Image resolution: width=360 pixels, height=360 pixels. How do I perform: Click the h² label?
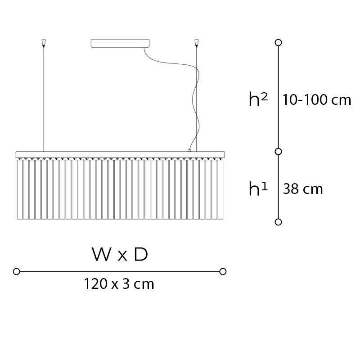(x=258, y=99)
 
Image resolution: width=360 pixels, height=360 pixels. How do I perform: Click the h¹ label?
(x=258, y=189)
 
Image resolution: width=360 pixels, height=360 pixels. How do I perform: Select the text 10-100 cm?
(x=317, y=100)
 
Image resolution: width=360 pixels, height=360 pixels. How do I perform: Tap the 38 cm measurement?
(x=302, y=189)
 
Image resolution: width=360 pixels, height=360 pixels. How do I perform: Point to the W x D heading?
(x=120, y=254)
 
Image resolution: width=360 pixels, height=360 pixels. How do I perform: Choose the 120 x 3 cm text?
(x=119, y=284)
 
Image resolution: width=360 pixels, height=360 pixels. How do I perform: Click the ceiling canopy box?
(x=120, y=43)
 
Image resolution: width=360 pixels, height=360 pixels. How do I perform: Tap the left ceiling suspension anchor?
(x=43, y=43)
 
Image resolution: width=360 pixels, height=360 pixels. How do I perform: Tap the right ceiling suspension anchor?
(x=196, y=43)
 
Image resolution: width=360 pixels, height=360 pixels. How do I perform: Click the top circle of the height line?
(x=278, y=42)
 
